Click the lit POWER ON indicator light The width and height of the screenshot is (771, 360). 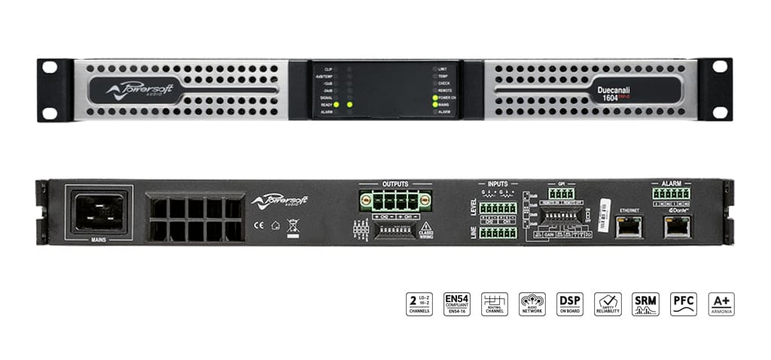[x=435, y=98]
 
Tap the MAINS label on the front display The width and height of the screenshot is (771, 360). [x=443, y=105]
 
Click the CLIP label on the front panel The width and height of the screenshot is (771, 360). [x=328, y=69]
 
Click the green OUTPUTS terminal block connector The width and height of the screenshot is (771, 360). [x=395, y=201]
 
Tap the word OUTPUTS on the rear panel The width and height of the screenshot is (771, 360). [x=395, y=184]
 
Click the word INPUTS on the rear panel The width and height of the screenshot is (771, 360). [x=498, y=184]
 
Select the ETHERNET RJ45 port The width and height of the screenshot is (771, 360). [x=629, y=226]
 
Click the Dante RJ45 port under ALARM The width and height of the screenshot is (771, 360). [x=675, y=226]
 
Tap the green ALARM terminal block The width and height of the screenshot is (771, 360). [x=672, y=194]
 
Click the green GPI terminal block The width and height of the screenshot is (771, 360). [x=561, y=194]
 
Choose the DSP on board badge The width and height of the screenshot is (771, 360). [x=570, y=304]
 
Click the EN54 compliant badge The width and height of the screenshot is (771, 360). [x=457, y=304]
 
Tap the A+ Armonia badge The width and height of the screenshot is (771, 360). [x=721, y=304]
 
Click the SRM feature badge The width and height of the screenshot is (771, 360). [x=645, y=304]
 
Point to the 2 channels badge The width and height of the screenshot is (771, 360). [x=419, y=304]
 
